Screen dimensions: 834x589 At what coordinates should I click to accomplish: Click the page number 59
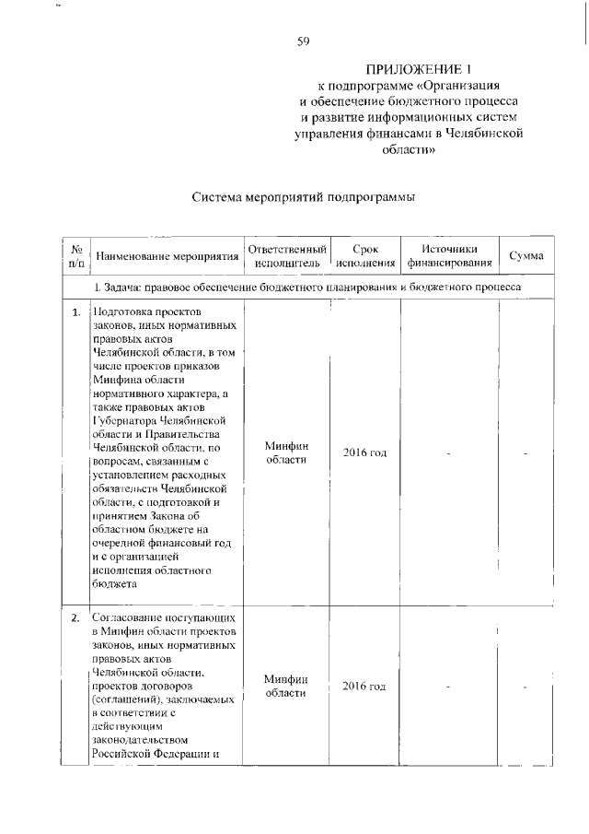coord(302,41)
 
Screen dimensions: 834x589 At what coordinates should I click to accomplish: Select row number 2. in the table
coord(76,617)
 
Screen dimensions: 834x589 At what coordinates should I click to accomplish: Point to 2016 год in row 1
coord(364,453)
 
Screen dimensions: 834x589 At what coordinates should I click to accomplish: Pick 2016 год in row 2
coord(364,687)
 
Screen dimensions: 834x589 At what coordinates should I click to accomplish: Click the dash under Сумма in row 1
coord(525,453)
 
